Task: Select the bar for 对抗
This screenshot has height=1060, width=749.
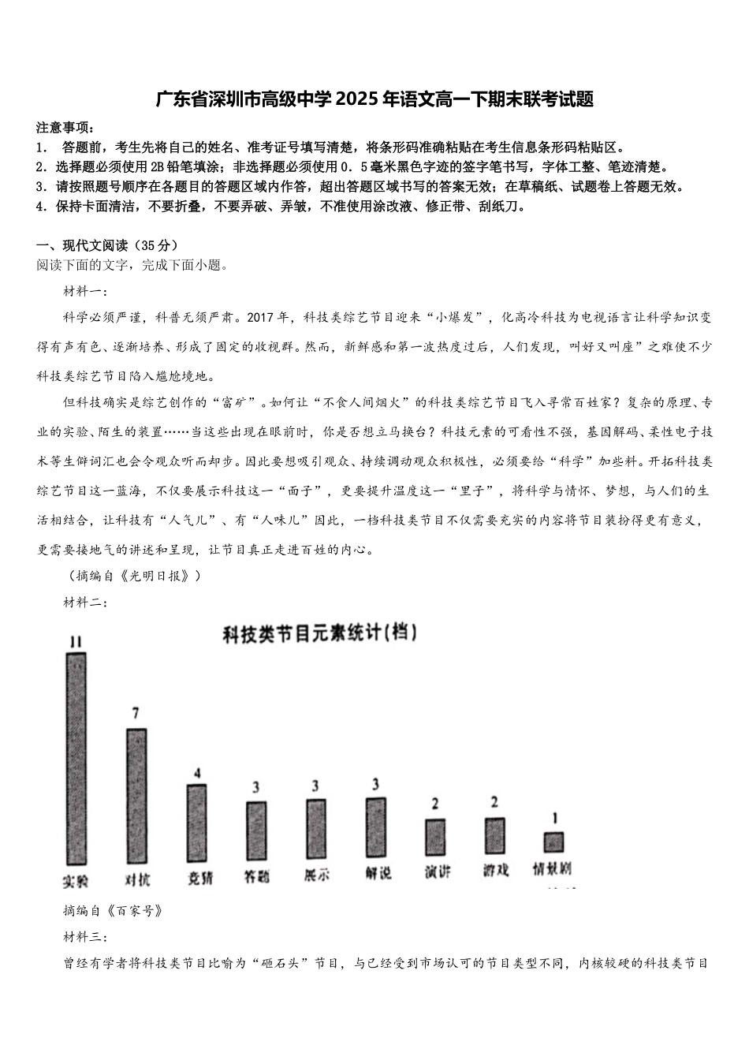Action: [136, 795]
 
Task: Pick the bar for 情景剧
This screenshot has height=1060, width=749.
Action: [554, 842]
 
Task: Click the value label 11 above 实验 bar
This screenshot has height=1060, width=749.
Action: [75, 642]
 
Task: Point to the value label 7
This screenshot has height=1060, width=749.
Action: [136, 714]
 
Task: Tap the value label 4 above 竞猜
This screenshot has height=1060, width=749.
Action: [197, 772]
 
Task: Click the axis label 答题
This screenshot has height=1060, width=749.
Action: [256, 875]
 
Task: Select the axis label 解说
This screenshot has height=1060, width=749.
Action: [377, 873]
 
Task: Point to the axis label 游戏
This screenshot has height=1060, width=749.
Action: [496, 870]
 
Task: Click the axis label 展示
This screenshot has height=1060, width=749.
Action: [316, 875]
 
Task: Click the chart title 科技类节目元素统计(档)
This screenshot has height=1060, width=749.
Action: [319, 633]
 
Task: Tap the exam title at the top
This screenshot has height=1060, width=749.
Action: [374, 99]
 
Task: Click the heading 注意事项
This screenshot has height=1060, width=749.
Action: [65, 128]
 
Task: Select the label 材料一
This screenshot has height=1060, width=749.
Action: [86, 292]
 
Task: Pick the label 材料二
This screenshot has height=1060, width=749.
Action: [86, 603]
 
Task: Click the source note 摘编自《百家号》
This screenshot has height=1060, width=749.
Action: [114, 911]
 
